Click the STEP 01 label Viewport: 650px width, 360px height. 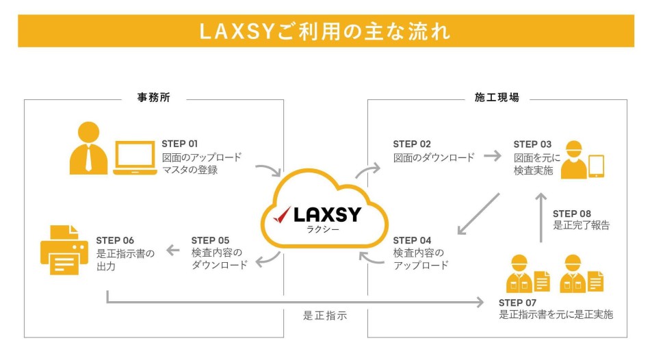[180, 144]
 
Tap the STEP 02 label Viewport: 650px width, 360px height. [411, 144]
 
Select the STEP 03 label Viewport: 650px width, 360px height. [532, 144]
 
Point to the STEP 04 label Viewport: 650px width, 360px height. [412, 240]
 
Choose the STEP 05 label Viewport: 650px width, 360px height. [210, 240]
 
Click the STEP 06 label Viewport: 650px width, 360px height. [115, 240]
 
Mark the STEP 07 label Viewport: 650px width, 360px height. [518, 303]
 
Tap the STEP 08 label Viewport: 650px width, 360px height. [571, 214]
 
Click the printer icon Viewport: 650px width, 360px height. [64, 249]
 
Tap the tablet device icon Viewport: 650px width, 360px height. [597, 166]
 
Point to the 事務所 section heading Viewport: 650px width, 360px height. [153, 98]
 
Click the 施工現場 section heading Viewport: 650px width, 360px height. [497, 98]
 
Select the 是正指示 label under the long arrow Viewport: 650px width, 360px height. [325, 316]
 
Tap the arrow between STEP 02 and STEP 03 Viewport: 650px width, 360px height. [492, 156]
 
